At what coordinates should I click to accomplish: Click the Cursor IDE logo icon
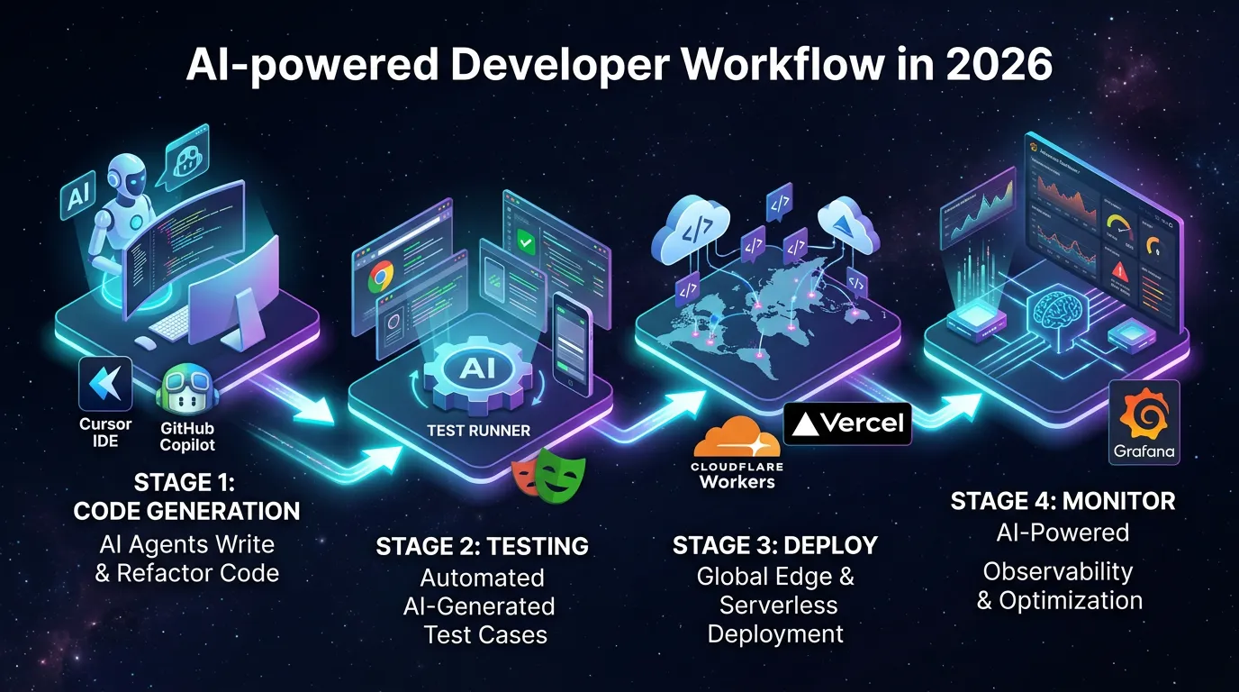point(105,384)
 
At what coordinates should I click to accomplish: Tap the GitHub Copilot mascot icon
point(186,391)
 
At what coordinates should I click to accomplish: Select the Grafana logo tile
point(1144,422)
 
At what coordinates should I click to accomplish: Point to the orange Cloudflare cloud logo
point(737,439)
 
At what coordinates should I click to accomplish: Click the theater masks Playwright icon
point(548,474)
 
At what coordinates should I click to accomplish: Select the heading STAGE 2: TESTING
point(482,546)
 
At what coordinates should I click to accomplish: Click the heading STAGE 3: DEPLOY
point(774,545)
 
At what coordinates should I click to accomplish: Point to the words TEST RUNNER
point(478,430)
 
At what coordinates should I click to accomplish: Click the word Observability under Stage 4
point(1057,571)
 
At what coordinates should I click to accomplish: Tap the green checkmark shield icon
point(527,242)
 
